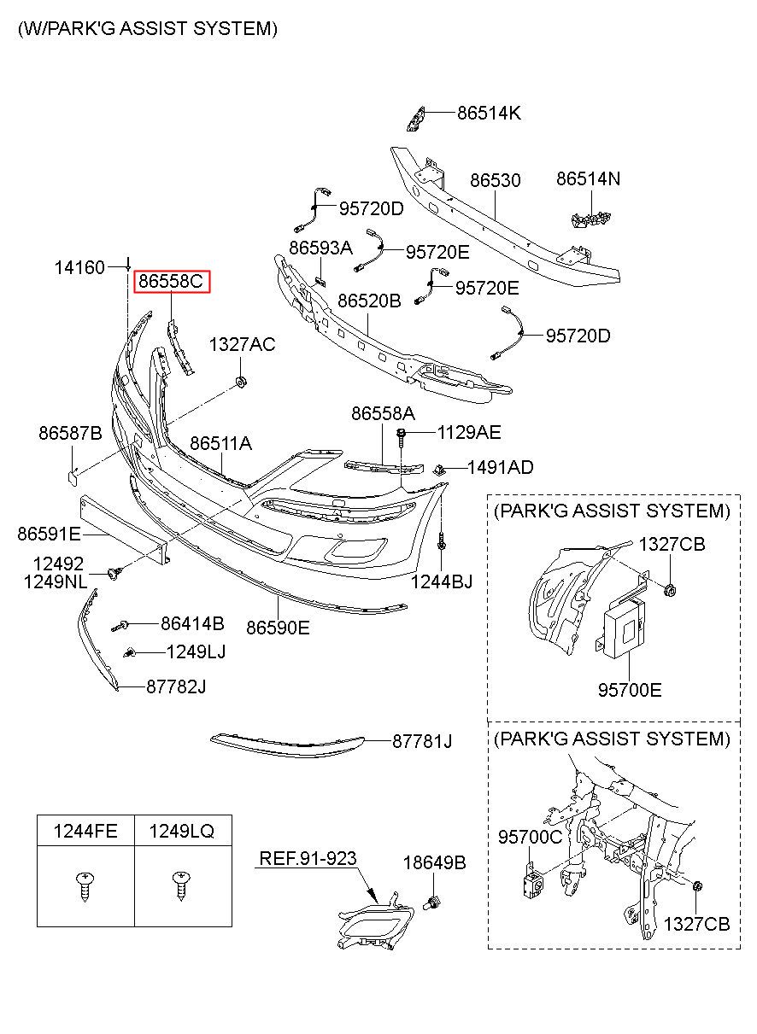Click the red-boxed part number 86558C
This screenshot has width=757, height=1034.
click(172, 281)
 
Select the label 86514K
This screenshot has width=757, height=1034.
click(489, 113)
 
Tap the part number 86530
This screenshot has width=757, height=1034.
click(495, 180)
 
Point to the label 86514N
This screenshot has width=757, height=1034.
click(588, 179)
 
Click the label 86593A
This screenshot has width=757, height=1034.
click(320, 248)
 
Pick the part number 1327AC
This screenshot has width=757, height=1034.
click(242, 345)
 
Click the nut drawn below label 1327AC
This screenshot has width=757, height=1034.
click(241, 383)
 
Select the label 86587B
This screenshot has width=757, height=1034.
click(70, 434)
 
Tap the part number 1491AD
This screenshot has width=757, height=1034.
click(500, 468)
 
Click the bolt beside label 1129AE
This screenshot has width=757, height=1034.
click(401, 436)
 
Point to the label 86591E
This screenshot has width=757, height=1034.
click(49, 535)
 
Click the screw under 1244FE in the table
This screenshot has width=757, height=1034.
click(85, 885)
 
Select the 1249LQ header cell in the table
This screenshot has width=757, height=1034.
click(183, 831)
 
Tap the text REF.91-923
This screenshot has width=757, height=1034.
click(308, 859)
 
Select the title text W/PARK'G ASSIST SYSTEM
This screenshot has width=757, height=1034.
click(148, 29)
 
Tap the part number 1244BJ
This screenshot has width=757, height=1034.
click(442, 582)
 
